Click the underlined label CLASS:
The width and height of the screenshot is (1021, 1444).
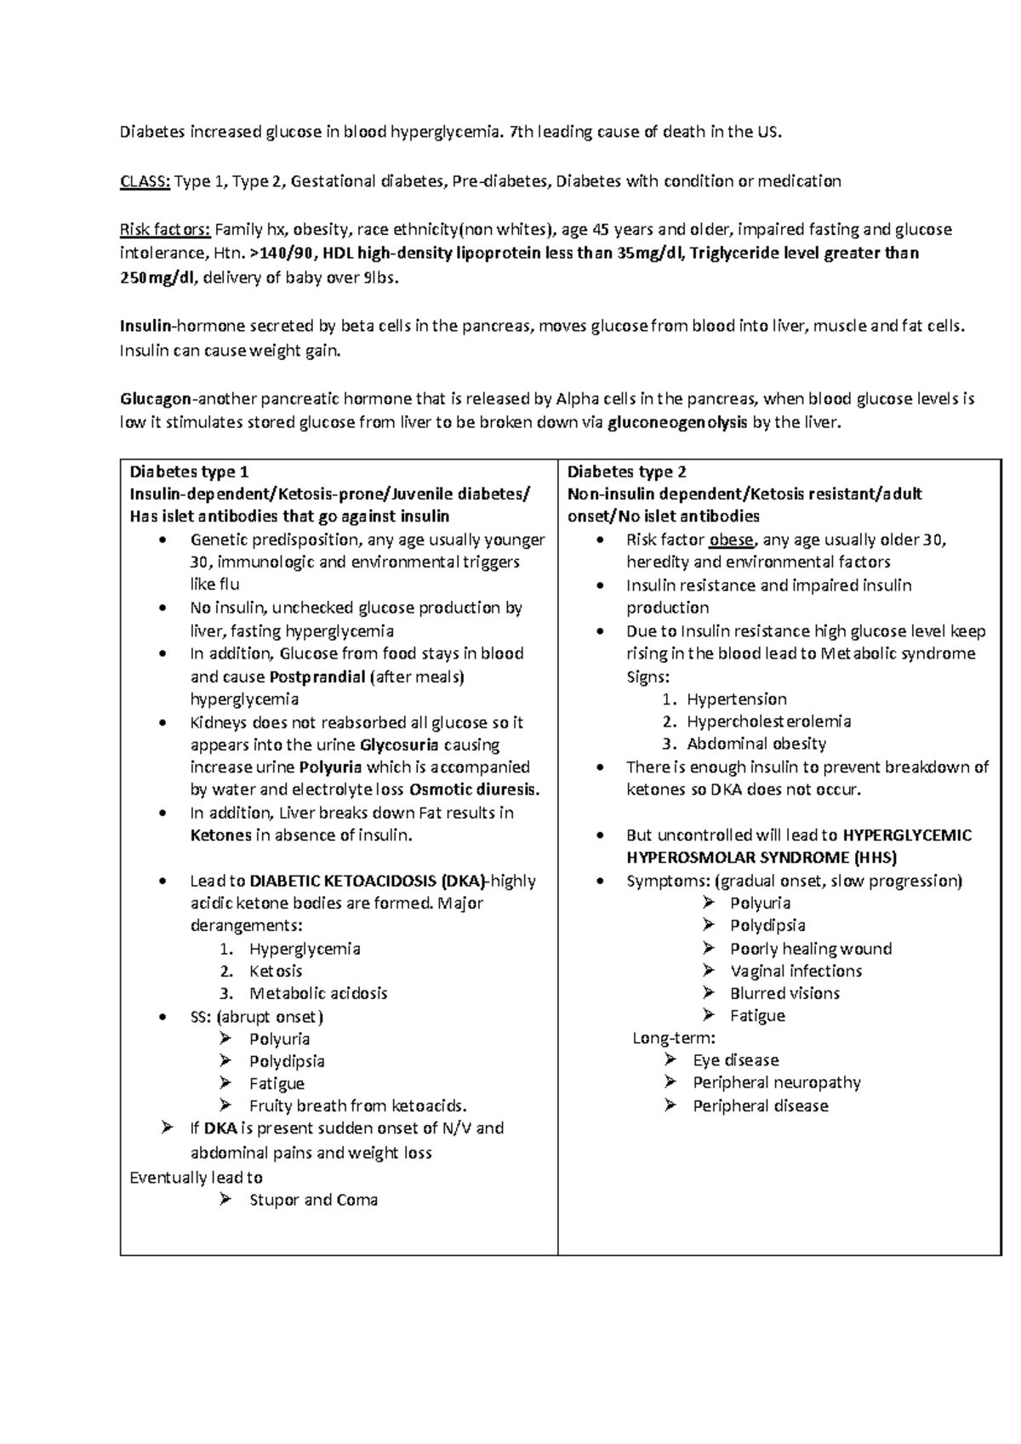pyautogui.click(x=145, y=181)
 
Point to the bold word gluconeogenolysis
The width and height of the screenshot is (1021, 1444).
pyautogui.click(x=678, y=423)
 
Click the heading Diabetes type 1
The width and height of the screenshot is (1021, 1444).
pyautogui.click(x=189, y=472)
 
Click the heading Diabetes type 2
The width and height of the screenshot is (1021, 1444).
pyautogui.click(x=627, y=472)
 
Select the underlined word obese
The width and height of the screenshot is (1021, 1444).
pyautogui.click(x=731, y=539)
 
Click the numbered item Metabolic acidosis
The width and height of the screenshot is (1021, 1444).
pyautogui.click(x=318, y=994)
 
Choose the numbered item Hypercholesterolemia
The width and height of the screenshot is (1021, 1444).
pyautogui.click(x=768, y=722)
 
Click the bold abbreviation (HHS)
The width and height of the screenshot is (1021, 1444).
pyautogui.click(x=865, y=858)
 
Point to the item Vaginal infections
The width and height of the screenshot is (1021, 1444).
pyautogui.click(x=796, y=971)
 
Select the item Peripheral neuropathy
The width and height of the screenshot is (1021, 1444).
pyautogui.click(x=777, y=1082)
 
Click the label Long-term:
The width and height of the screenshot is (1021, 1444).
pyautogui.click(x=674, y=1038)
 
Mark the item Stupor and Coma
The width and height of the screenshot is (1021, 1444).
pyautogui.click(x=313, y=1201)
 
